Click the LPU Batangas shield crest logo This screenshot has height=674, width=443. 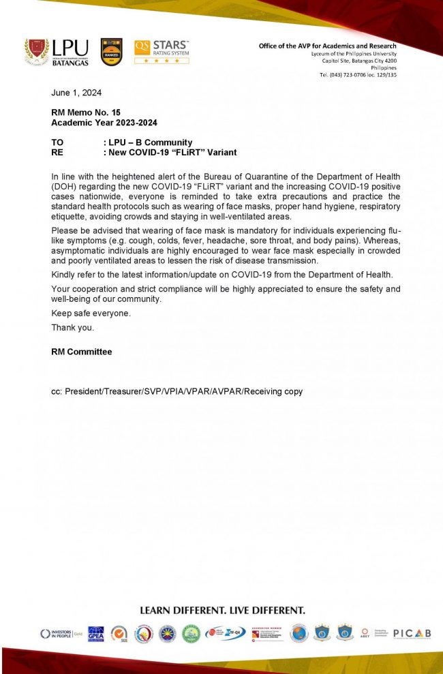[37, 51]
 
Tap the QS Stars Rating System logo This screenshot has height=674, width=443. [162, 51]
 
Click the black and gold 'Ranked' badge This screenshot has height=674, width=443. [111, 52]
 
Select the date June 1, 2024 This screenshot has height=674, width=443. [77, 92]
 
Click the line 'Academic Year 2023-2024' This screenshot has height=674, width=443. [104, 123]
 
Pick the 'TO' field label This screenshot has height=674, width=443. [58, 142]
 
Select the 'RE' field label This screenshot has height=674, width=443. [57, 153]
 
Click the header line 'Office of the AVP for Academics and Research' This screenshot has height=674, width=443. [327, 46]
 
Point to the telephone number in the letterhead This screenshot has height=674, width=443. [358, 74]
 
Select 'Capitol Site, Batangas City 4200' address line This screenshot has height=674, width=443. [359, 61]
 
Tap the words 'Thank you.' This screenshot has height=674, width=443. [73, 328]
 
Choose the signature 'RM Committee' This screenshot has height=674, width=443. [82, 352]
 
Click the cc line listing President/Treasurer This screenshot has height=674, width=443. [177, 392]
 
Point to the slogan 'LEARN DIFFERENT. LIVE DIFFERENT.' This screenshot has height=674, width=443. [222, 610]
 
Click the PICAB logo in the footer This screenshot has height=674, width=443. [412, 634]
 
